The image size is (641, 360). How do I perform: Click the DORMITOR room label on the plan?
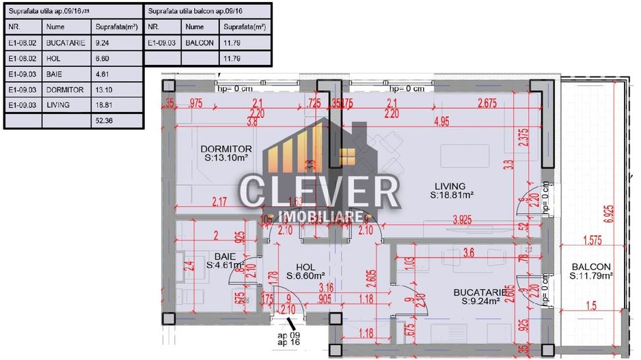(x=226, y=149)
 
